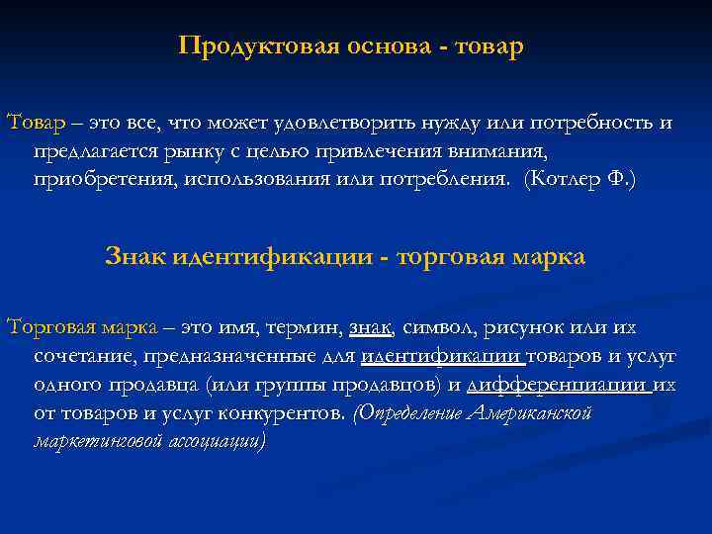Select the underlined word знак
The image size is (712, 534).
coord(371,327)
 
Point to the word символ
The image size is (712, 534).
coord(439,327)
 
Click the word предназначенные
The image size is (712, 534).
coord(234,356)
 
